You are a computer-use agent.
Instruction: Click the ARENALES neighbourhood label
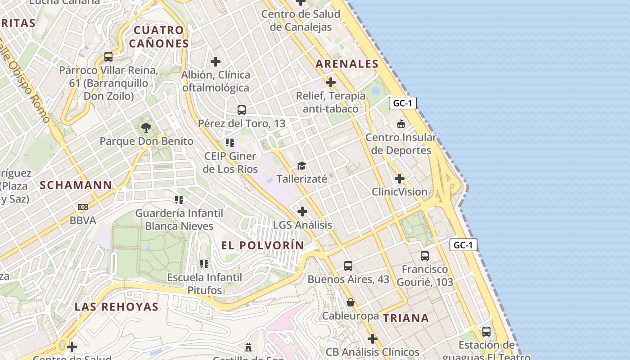[347, 64]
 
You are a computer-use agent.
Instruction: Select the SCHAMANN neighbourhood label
[76, 185]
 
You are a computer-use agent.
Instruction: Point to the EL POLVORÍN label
[263, 245]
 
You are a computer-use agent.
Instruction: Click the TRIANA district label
[406, 318]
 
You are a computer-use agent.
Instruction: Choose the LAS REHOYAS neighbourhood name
[117, 307]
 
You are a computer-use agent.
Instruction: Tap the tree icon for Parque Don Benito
[146, 128]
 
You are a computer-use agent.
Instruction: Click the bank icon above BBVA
[83, 207]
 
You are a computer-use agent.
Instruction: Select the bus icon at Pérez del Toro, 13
[242, 110]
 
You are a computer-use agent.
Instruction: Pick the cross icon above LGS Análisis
[302, 211]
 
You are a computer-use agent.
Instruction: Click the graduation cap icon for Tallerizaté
[301, 166]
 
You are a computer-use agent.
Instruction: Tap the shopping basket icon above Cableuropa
[351, 302]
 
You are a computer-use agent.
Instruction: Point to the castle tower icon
[248, 347]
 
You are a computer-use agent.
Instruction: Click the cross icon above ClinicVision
[399, 179]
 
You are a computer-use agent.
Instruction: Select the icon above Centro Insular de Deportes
[400, 124]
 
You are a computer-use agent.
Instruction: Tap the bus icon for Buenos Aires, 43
[348, 265]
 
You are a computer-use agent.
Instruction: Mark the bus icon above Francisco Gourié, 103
[424, 256]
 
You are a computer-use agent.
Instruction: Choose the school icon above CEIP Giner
[230, 143]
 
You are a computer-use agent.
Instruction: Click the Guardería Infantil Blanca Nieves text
[179, 219]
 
